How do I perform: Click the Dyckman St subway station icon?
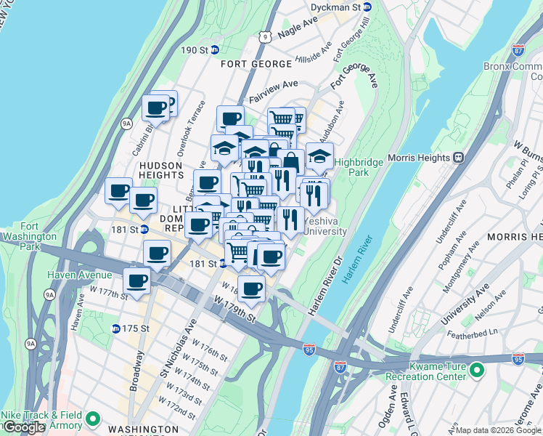(x=367, y=7)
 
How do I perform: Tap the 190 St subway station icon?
(x=216, y=50)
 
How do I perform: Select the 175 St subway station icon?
(x=116, y=328)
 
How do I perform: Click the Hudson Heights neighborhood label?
(x=161, y=170)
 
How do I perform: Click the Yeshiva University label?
(x=324, y=226)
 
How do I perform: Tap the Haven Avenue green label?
(x=80, y=275)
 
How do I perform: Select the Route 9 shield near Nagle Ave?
(x=266, y=35)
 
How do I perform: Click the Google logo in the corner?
(x=25, y=427)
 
